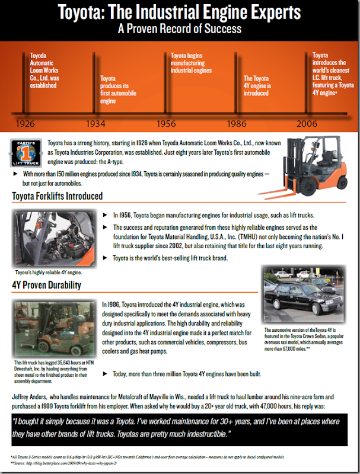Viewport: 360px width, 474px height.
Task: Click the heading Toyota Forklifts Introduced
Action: (58, 196)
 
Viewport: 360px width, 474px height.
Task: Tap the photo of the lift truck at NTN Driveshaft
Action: (52, 328)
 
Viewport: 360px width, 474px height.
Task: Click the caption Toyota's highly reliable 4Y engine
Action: (50, 273)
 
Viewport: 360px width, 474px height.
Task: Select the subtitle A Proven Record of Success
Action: (179, 27)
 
